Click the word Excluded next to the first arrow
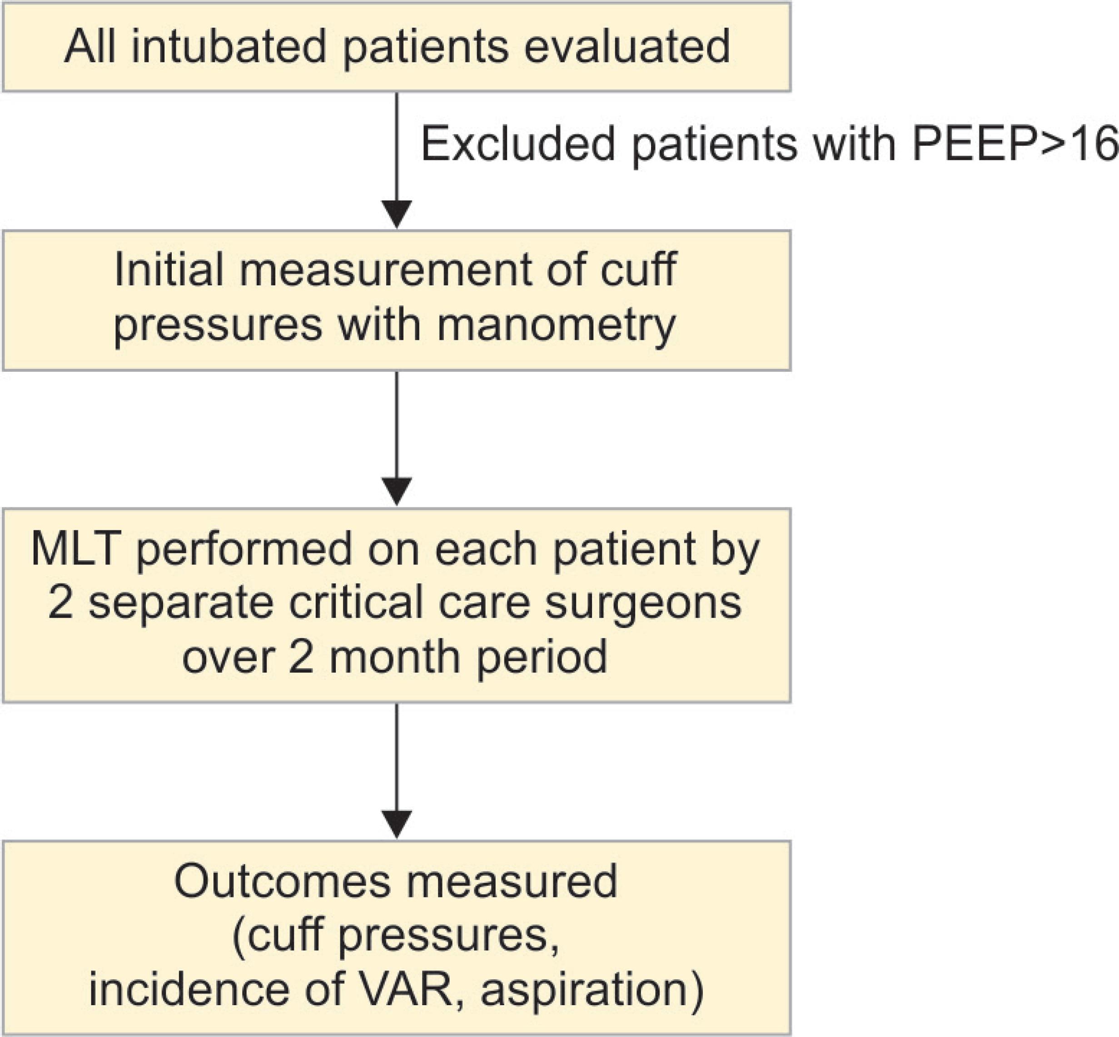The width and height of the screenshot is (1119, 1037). [x=518, y=144]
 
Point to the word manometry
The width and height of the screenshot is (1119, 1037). [x=556, y=326]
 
